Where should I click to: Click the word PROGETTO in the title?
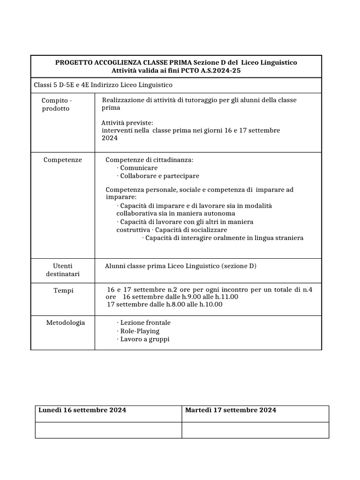(x=74, y=63)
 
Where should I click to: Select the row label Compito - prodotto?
(x=57, y=105)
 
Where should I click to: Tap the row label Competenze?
(x=63, y=160)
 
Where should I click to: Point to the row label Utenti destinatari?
(x=63, y=270)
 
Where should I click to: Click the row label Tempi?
(x=64, y=291)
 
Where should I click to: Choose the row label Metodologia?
(x=66, y=323)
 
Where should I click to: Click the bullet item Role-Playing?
(x=140, y=331)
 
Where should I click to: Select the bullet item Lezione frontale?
(x=145, y=323)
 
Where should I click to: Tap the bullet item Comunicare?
(x=139, y=168)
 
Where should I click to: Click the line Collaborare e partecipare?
(x=159, y=176)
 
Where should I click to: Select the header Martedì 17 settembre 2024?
(x=231, y=410)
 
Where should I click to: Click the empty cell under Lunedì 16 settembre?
(x=108, y=430)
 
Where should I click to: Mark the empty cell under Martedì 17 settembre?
(x=255, y=430)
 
